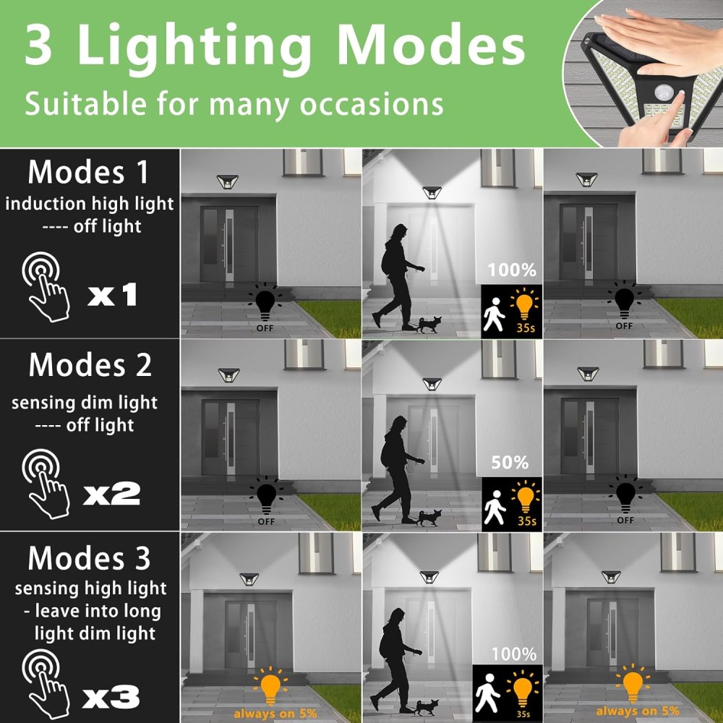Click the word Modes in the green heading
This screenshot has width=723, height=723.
tap(431, 45)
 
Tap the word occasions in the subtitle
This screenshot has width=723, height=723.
tap(372, 103)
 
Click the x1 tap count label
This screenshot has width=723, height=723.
tap(113, 294)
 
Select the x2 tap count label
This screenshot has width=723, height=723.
tap(112, 493)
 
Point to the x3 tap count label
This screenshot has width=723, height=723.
tap(111, 696)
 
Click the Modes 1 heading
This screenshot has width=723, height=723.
tap(88, 172)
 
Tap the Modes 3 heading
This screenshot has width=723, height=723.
tap(89, 558)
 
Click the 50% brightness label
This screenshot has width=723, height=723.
tap(510, 463)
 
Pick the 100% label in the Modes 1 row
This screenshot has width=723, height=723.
tap(512, 270)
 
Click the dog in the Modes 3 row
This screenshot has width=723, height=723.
tap(427, 706)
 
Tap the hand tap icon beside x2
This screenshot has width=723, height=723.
tap(45, 483)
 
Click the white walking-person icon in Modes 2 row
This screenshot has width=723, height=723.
tap(495, 507)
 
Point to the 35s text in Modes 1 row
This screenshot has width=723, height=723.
tap(525, 328)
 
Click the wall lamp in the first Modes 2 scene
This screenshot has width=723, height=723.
tap(228, 375)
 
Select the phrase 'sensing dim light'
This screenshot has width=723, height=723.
tap(85, 403)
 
